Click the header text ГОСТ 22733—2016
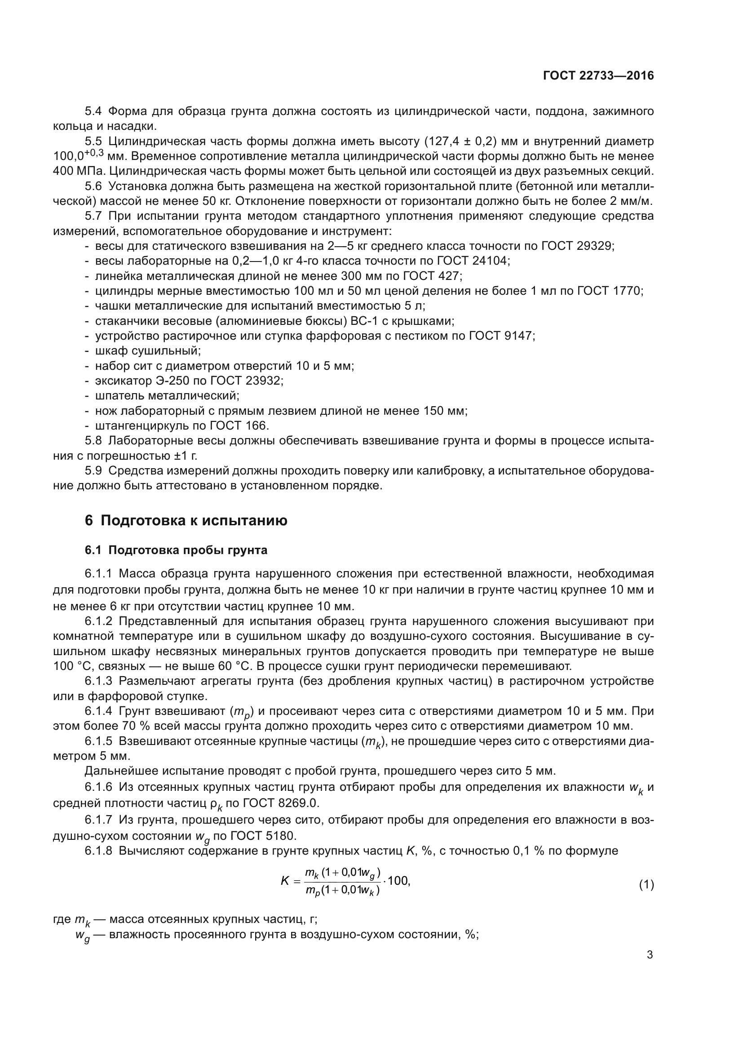click(598, 75)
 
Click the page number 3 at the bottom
click(650, 955)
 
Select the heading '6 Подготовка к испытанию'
click(186, 520)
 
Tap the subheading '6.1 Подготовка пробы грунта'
click(176, 550)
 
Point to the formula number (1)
click(646, 885)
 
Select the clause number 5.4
click(93, 111)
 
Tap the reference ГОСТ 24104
click(472, 261)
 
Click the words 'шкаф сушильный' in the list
click(147, 351)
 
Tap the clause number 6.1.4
click(98, 711)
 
